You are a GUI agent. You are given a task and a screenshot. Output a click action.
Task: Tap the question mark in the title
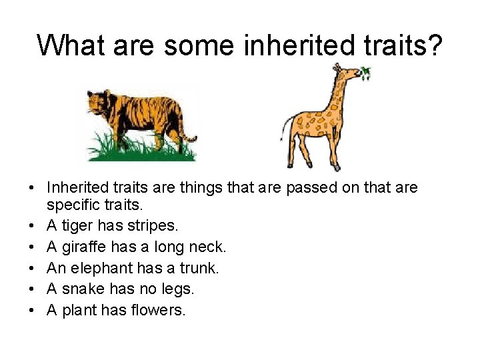[434, 45]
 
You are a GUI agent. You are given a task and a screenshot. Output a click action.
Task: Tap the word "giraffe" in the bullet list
[85, 247]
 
